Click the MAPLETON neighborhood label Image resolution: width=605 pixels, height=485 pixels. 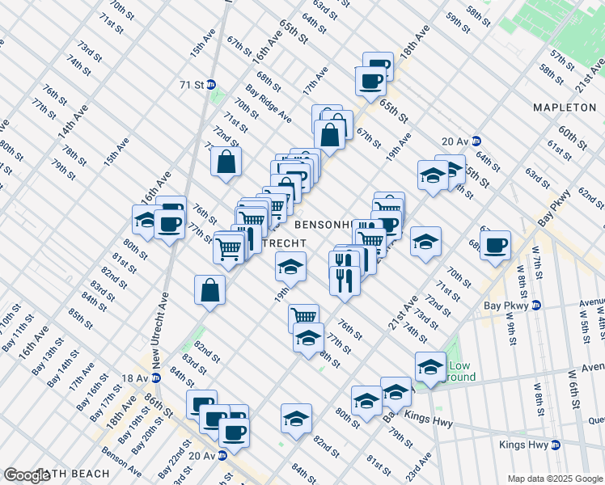point(564,108)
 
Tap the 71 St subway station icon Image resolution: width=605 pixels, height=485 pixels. point(211,84)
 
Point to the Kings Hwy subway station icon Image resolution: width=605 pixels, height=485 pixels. point(555,445)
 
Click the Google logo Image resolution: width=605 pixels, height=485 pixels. point(27,474)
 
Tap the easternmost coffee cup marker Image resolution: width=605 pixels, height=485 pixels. point(496,244)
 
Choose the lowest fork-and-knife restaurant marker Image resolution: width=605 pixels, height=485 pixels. point(344,280)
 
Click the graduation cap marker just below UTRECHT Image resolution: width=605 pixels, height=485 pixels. point(290,266)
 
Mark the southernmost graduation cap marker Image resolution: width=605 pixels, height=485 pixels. point(297,418)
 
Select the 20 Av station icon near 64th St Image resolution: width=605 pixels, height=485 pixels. point(477,140)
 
